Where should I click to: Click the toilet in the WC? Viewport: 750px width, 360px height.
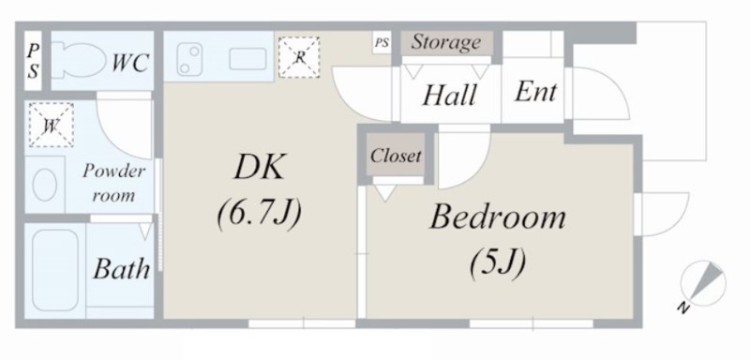pos(78,60)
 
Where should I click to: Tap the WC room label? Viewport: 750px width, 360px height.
pos(129,63)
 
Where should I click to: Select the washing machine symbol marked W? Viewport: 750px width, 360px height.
pos(51,125)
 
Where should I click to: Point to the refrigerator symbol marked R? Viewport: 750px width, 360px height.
pos(299,57)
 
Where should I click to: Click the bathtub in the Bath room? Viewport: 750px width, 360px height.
pos(55,270)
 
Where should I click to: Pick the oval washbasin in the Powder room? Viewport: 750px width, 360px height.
pos(45,184)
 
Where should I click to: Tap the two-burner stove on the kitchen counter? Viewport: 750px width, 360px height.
pos(188,59)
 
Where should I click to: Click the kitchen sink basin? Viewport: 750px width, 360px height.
pos(247,59)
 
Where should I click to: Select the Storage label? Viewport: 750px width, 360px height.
pos(446,42)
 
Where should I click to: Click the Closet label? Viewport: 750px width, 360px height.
pos(396,156)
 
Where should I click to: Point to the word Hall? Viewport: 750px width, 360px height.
pos(450,95)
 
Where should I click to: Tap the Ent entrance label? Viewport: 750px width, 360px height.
pos(535,92)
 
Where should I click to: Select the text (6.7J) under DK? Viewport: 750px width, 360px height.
pos(260,213)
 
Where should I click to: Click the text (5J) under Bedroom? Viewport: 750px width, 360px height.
pos(498,262)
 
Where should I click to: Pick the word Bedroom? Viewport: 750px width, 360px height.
pos(498,217)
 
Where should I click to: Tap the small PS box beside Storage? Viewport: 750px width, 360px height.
pos(382,43)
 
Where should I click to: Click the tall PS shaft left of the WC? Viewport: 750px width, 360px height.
pos(33,60)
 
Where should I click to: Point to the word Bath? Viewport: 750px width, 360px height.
pos(122,269)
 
